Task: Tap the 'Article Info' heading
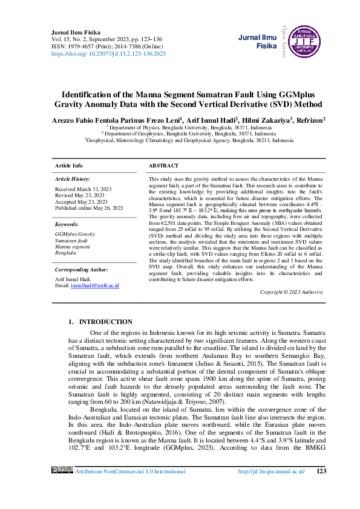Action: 69,166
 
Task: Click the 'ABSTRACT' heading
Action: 163,166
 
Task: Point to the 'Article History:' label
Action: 72,180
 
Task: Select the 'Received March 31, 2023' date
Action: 83,189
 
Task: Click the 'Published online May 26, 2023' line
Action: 89,207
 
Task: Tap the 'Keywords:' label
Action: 67,224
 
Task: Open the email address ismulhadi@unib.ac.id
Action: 95,285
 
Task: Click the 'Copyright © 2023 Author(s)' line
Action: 291,292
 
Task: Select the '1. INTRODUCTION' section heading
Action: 100,322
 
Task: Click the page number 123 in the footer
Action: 321,470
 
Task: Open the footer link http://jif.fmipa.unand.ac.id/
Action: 272,470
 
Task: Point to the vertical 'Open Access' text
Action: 282,41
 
